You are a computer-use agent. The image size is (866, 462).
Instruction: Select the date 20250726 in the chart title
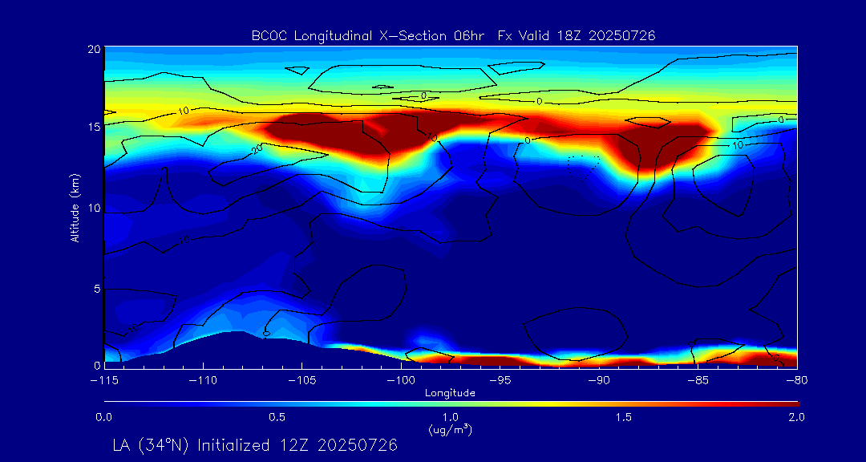click(x=623, y=35)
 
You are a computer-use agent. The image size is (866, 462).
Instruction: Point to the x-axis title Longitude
click(x=450, y=393)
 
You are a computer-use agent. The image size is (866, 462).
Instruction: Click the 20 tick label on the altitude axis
click(x=93, y=49)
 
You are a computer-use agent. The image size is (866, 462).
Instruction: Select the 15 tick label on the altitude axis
click(x=93, y=128)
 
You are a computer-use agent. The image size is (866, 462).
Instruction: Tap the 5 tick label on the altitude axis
click(x=96, y=288)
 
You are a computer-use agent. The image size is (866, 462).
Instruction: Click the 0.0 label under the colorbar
click(x=104, y=417)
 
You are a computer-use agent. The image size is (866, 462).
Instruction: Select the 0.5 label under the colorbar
click(x=277, y=417)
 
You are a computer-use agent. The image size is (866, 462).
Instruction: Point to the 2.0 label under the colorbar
click(x=795, y=417)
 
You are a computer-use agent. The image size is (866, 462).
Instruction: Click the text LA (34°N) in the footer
click(x=152, y=444)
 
